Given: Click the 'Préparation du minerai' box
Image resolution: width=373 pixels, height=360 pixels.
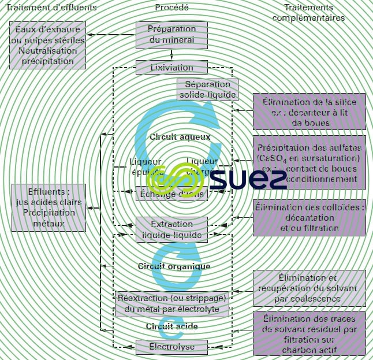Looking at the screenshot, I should (171, 35).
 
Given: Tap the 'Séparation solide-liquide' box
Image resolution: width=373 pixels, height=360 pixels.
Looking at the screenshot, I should (207, 89).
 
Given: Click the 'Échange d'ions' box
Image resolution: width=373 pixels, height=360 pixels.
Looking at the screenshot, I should (171, 194).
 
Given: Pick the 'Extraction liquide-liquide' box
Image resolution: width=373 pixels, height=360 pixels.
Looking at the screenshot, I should (171, 229).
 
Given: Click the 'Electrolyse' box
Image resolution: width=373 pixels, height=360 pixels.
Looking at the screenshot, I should (171, 347).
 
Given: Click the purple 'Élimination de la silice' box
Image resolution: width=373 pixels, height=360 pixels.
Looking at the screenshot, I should (309, 112).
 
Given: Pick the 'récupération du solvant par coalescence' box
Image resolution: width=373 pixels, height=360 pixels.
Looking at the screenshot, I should (309, 288).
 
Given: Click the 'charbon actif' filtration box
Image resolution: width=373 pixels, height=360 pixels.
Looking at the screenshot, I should (309, 333).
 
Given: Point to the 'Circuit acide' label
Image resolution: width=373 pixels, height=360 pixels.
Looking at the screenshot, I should (171, 326).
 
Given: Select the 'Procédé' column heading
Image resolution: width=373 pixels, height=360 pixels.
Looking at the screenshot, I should (171, 8).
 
